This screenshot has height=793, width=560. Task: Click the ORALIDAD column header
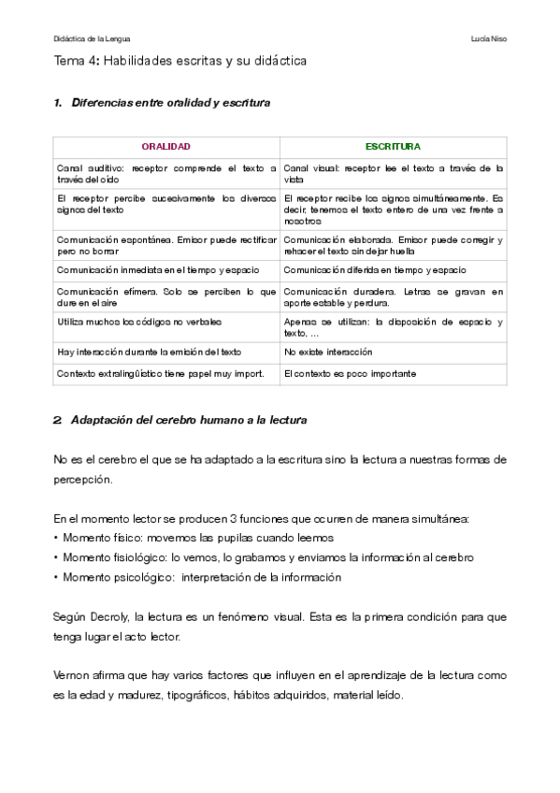click(x=165, y=147)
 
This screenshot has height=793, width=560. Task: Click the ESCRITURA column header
click(x=393, y=147)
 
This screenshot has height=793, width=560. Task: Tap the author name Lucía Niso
click(x=490, y=38)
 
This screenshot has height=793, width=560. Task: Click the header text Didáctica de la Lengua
click(x=93, y=38)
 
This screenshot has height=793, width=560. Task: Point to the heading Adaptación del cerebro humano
click(x=188, y=420)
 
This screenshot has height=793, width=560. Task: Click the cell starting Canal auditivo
click(x=165, y=173)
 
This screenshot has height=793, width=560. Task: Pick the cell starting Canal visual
click(x=393, y=173)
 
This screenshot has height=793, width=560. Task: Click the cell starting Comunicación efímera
click(x=165, y=297)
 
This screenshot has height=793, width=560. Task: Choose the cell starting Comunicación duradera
click(x=393, y=297)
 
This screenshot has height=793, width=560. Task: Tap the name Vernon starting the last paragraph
click(x=70, y=675)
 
